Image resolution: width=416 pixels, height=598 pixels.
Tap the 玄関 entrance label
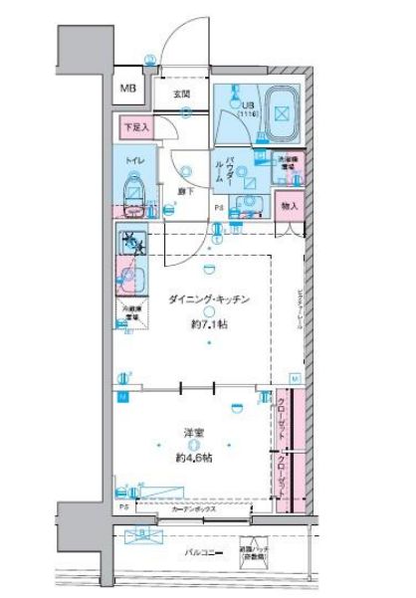coord(183,96)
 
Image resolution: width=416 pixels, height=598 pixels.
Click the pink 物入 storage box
coord(289,206)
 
